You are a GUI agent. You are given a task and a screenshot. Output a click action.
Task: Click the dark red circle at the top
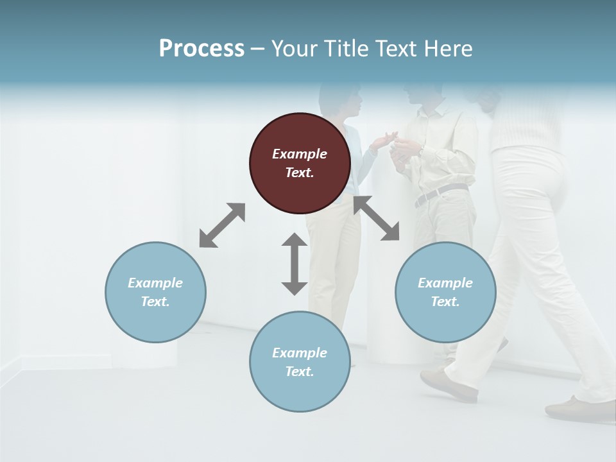click(x=300, y=164)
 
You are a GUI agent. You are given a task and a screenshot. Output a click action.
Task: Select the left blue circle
click(x=155, y=293)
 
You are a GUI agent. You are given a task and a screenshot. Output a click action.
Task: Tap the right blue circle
click(x=445, y=293)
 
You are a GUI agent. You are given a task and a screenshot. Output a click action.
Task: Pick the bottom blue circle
click(x=300, y=362)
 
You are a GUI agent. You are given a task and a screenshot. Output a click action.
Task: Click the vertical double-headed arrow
click(x=295, y=264)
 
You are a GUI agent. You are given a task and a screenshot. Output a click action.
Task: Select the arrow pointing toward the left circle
click(x=222, y=225)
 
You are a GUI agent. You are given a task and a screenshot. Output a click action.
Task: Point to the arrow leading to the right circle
click(x=377, y=218)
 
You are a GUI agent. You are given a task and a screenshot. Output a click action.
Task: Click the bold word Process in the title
click(x=201, y=48)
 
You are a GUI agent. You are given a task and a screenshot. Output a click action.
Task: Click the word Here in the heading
click(x=448, y=48)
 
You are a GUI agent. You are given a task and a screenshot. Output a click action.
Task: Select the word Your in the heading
click(x=295, y=48)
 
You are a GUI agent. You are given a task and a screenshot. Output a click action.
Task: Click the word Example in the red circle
click(x=300, y=154)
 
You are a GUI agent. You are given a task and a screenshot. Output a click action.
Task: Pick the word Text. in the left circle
click(x=155, y=302)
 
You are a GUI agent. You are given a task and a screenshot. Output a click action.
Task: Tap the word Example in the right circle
click(x=445, y=283)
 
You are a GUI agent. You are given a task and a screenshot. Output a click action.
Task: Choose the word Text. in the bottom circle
click(x=300, y=372)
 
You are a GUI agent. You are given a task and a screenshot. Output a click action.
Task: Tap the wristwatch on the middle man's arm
click(x=420, y=150)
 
